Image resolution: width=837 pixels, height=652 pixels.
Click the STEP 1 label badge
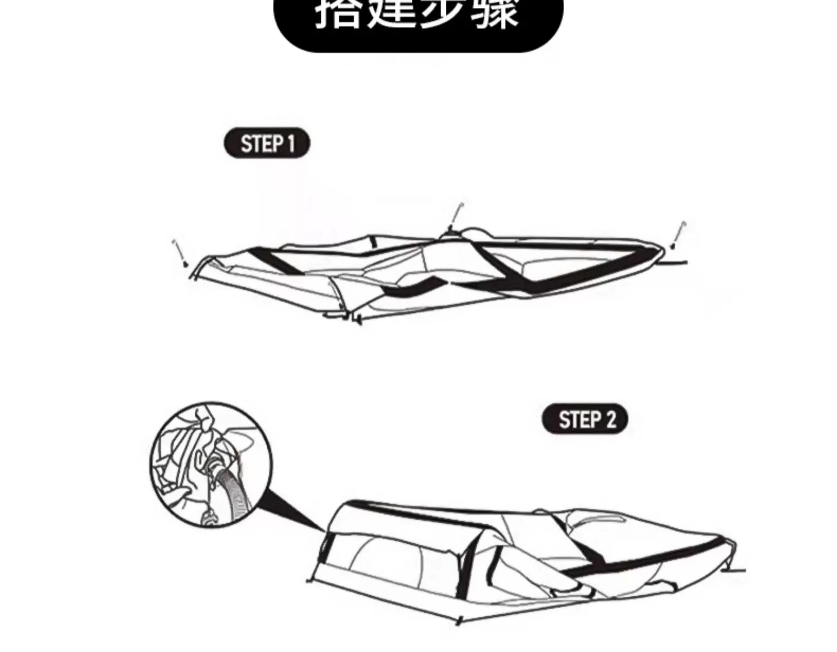point(267,144)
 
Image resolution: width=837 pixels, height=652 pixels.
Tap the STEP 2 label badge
point(585,419)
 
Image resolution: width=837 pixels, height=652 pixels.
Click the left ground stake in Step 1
point(180,252)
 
